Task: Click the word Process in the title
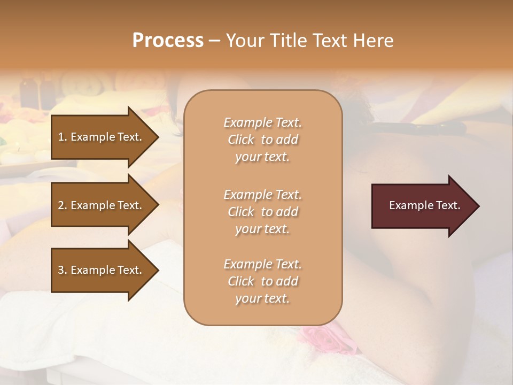(x=168, y=40)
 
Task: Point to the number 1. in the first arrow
(x=62, y=137)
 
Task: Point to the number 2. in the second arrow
(x=62, y=205)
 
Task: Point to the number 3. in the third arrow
(x=62, y=270)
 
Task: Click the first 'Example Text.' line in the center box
(x=262, y=122)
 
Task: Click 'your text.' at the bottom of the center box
(x=262, y=299)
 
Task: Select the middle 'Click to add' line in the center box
(x=262, y=212)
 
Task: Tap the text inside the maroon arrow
(x=425, y=205)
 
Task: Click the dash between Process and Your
(x=214, y=41)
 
